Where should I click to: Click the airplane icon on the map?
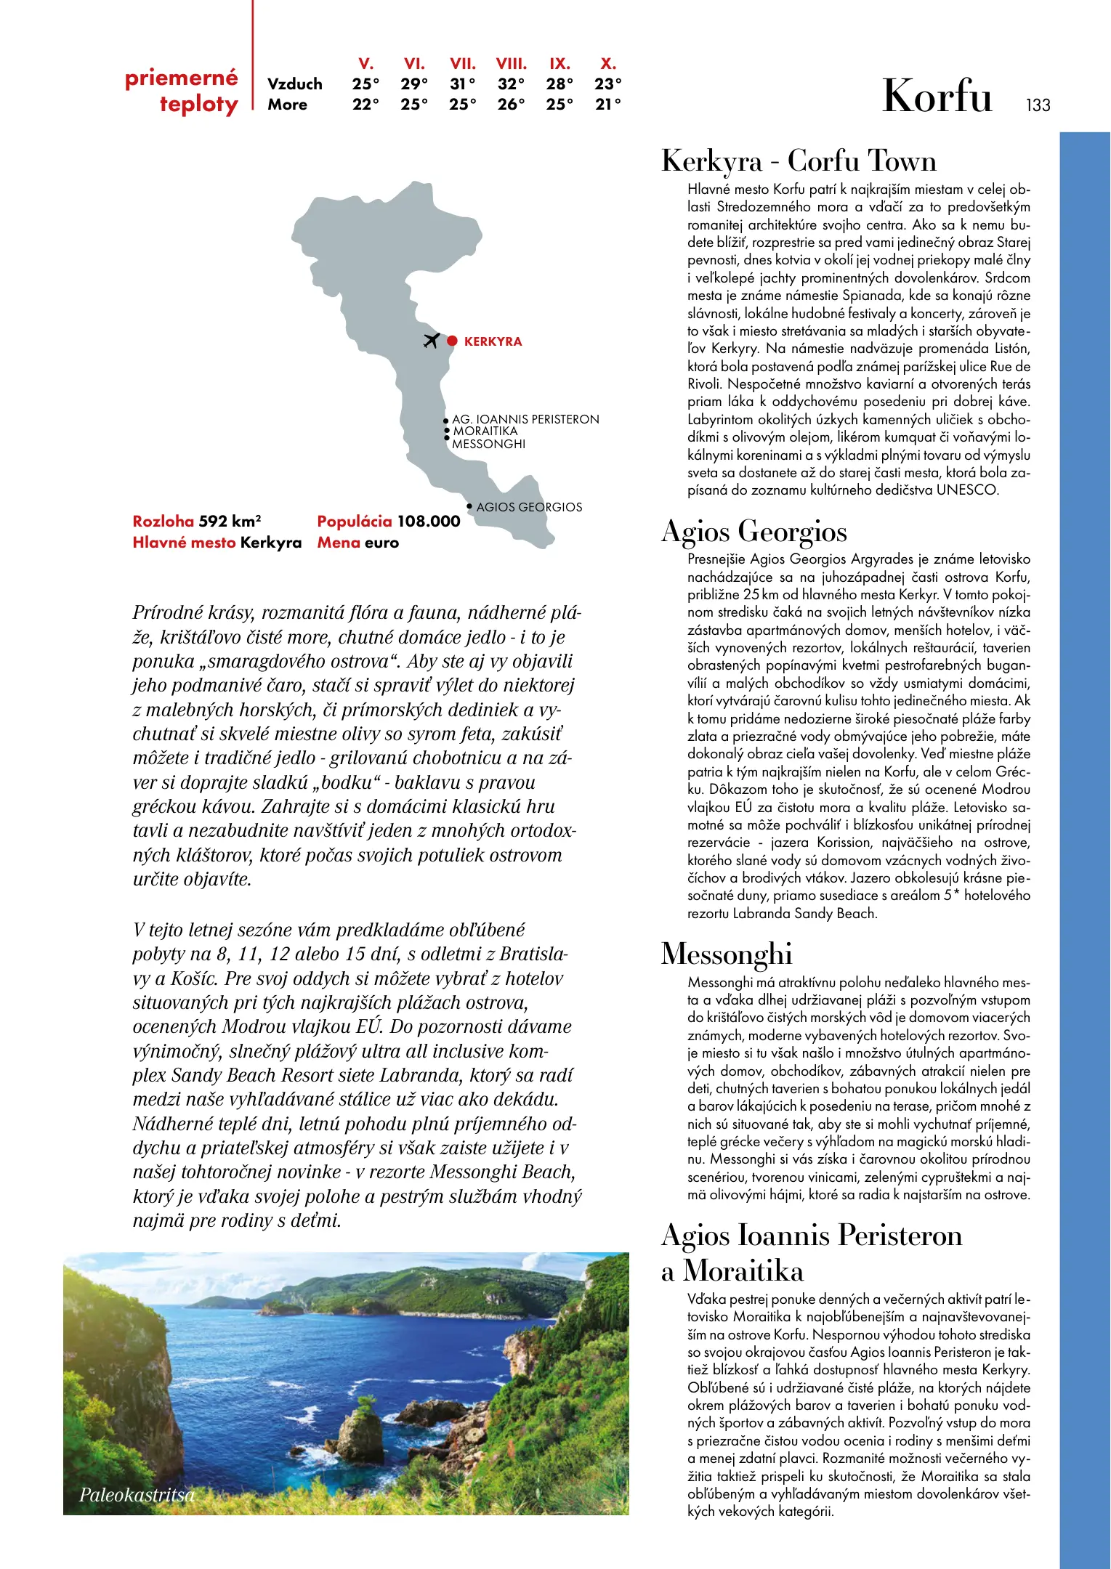click(432, 340)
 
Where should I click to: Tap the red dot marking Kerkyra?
click(452, 341)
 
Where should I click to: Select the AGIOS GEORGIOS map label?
click(529, 507)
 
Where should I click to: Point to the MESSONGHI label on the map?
click(488, 444)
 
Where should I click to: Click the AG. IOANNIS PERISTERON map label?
click(525, 419)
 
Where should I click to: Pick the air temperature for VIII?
click(511, 84)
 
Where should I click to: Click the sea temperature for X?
click(607, 105)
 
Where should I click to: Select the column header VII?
click(462, 64)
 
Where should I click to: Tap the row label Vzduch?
click(294, 84)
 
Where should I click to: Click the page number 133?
click(1038, 105)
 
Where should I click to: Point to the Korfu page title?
click(937, 96)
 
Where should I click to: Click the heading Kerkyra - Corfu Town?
click(799, 161)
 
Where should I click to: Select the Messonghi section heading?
click(726, 954)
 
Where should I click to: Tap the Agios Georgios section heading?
click(754, 531)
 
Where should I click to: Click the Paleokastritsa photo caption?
click(137, 1495)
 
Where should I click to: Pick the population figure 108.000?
click(429, 522)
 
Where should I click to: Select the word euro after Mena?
click(381, 543)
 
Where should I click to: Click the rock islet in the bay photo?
click(361, 1425)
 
